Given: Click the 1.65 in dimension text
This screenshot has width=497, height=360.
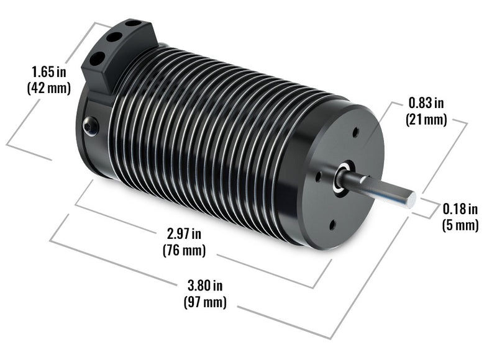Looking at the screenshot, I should (48, 71).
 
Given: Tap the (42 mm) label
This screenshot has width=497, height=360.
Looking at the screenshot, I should (48, 88).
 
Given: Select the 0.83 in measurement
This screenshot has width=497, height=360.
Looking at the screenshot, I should (426, 102).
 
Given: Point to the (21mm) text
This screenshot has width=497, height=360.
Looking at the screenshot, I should (426, 119).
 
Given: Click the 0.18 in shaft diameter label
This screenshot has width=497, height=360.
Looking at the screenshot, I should (460, 208).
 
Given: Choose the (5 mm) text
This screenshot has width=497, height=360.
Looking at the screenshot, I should (460, 225).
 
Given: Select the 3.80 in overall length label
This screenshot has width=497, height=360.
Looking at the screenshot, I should (204, 286).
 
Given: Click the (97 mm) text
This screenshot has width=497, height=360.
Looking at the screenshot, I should (204, 303).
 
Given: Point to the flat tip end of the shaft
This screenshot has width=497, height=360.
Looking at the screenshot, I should (411, 199).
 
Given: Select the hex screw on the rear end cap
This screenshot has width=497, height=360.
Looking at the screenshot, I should (91, 126).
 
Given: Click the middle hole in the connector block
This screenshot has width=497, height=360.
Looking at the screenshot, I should (114, 37).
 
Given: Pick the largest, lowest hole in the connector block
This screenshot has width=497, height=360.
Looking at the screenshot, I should (98, 58).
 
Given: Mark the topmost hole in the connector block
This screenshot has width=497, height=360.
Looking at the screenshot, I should (132, 24).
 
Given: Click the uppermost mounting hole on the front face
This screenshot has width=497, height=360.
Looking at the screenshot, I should (355, 132).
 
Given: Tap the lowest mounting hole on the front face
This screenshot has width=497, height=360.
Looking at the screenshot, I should (332, 225).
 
